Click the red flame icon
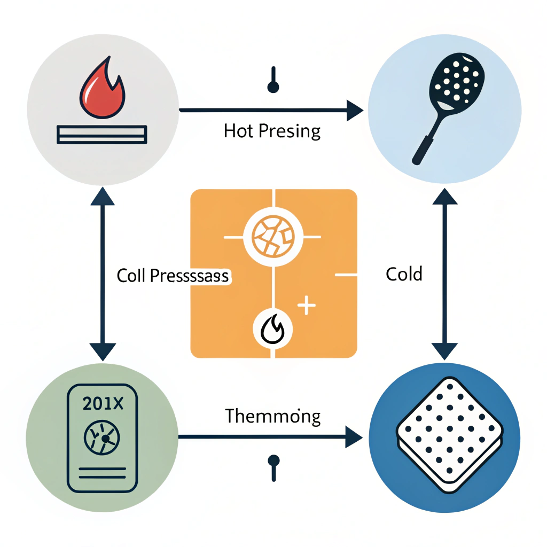click(x=101, y=91)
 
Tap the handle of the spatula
click(x=422, y=150)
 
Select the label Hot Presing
click(x=272, y=131)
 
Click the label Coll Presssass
click(x=173, y=276)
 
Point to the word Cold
click(x=404, y=275)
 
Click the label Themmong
click(x=272, y=416)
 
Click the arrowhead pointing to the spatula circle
click(x=355, y=111)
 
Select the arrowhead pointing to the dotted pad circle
click(x=355, y=437)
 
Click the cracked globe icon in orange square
click(x=273, y=236)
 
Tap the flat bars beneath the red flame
click(x=101, y=134)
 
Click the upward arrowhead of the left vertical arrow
click(x=102, y=198)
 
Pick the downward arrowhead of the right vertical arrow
click(x=444, y=350)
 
